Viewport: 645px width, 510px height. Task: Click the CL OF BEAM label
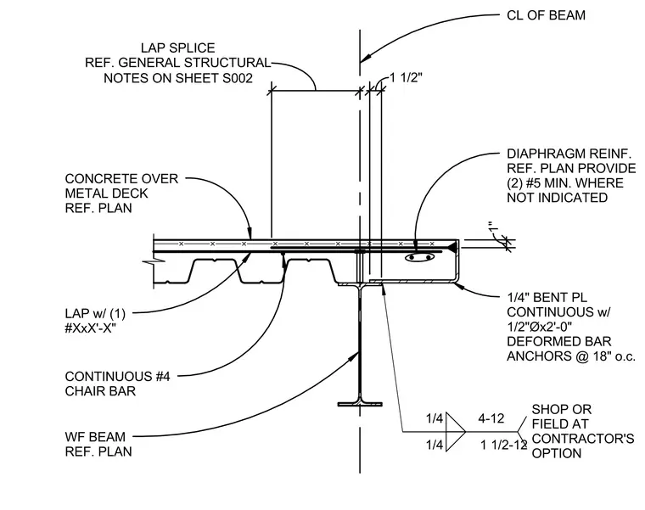click(546, 15)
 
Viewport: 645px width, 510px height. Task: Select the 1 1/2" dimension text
click(407, 78)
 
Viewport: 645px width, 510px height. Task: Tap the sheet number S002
click(238, 78)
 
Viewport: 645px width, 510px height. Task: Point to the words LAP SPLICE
click(177, 48)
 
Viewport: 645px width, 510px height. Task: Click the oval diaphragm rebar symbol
click(419, 258)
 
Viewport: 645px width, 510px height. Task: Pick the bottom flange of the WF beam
click(360, 405)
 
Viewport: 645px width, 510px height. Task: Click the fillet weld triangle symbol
click(456, 432)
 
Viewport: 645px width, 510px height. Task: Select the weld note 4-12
click(491, 418)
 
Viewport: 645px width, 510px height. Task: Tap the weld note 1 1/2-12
click(504, 445)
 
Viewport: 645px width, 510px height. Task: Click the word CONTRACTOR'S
click(583, 439)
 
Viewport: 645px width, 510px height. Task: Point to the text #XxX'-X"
click(91, 328)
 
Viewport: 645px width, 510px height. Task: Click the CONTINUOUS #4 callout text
click(117, 376)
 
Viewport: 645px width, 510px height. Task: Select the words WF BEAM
click(95, 437)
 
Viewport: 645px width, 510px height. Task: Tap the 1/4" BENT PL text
click(547, 297)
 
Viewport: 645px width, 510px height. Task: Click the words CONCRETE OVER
click(121, 179)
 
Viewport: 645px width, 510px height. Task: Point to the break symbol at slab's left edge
click(154, 261)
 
